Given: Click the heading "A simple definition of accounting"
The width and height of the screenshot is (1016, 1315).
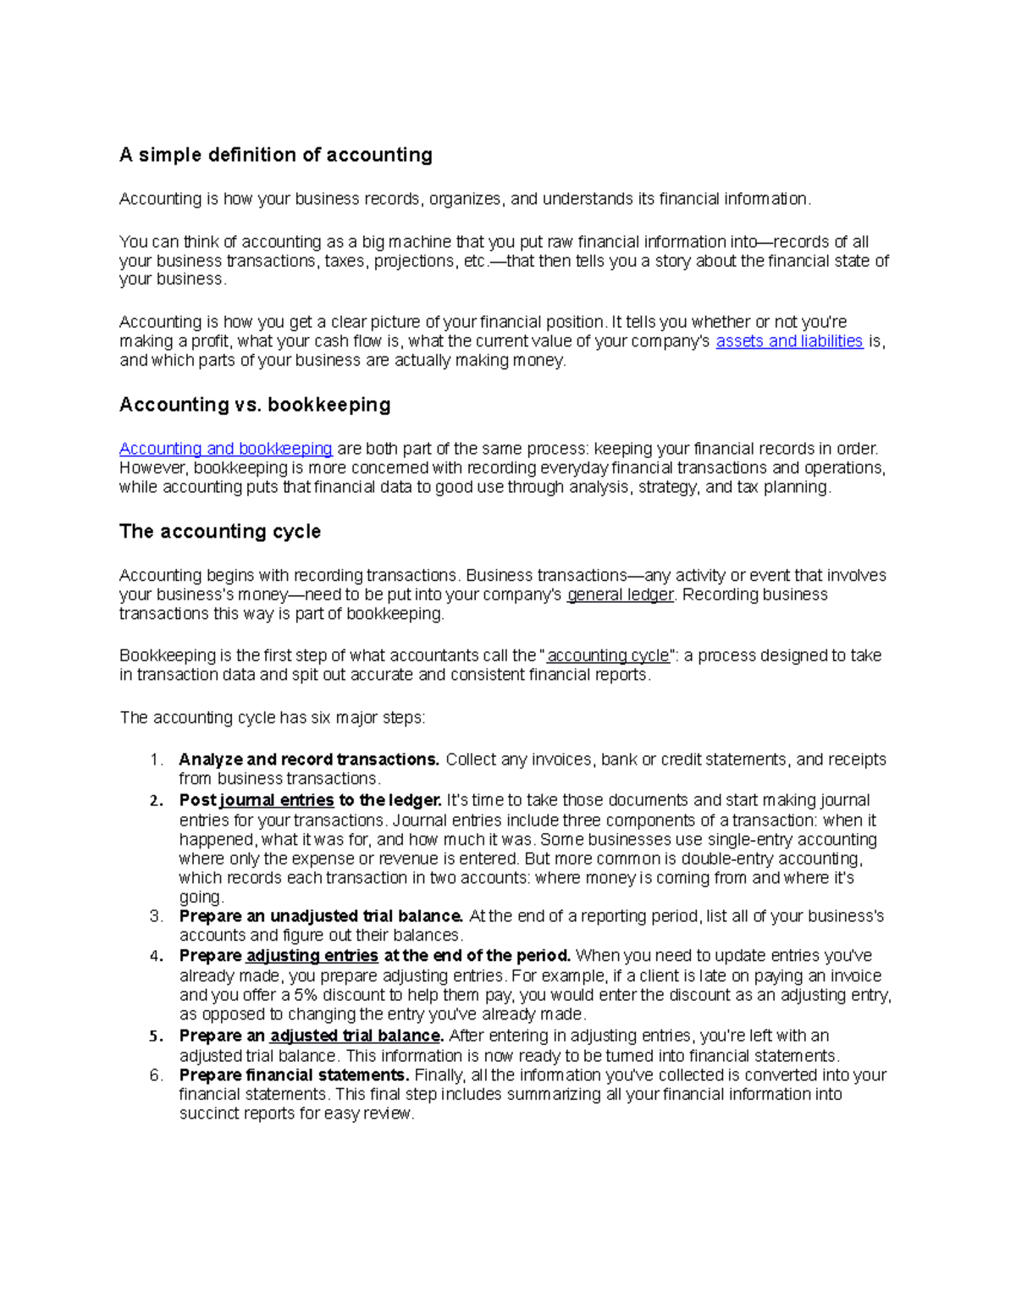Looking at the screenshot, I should [275, 155].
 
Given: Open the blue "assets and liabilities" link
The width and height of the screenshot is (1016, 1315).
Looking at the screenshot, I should [789, 341].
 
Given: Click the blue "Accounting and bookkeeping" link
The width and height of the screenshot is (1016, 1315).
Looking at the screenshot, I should [225, 449].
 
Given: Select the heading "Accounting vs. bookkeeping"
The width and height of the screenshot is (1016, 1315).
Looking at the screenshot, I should [255, 405].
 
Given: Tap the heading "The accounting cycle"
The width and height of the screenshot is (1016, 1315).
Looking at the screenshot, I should [220, 532].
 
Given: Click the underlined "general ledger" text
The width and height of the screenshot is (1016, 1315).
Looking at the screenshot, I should [620, 594].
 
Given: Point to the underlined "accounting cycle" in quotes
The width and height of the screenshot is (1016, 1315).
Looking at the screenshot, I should [608, 655].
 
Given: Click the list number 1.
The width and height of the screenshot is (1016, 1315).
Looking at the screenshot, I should [155, 760].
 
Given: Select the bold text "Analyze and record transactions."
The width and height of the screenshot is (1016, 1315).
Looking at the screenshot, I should [309, 760].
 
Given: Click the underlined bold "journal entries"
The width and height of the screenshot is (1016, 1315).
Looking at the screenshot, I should [276, 800].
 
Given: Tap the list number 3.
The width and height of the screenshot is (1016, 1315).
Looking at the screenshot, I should [155, 916].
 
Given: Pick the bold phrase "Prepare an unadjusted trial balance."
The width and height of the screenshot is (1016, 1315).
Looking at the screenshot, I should [321, 916].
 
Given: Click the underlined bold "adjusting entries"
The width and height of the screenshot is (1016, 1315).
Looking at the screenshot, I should [312, 956].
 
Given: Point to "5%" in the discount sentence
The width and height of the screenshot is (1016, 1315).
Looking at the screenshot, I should [306, 995].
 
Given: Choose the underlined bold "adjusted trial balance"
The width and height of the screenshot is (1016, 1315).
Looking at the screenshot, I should [356, 1036].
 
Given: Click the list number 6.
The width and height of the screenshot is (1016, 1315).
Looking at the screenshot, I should [155, 1075].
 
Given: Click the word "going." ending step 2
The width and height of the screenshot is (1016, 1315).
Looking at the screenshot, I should [202, 898].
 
